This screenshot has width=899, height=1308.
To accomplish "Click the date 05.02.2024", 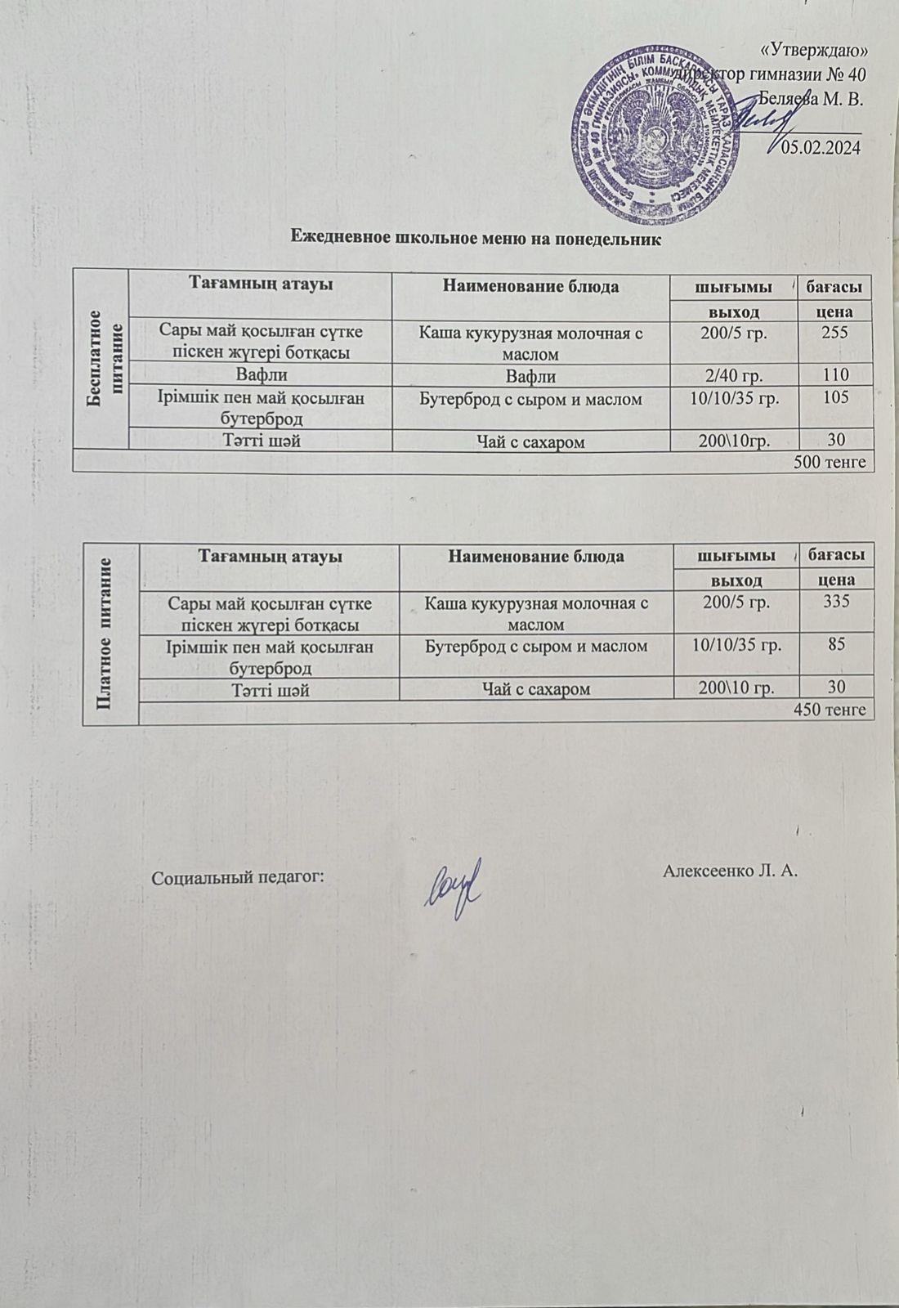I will (x=821, y=148).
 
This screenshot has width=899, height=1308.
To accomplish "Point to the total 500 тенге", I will (x=830, y=463).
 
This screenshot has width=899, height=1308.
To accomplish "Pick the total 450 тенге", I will (x=830, y=710).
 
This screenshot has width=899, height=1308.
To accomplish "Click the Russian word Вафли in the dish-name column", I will (x=530, y=377).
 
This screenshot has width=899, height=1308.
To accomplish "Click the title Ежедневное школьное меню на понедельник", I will (x=476, y=240).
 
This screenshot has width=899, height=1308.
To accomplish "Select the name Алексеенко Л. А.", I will (x=730, y=870).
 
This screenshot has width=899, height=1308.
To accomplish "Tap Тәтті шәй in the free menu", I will (x=260, y=441).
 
